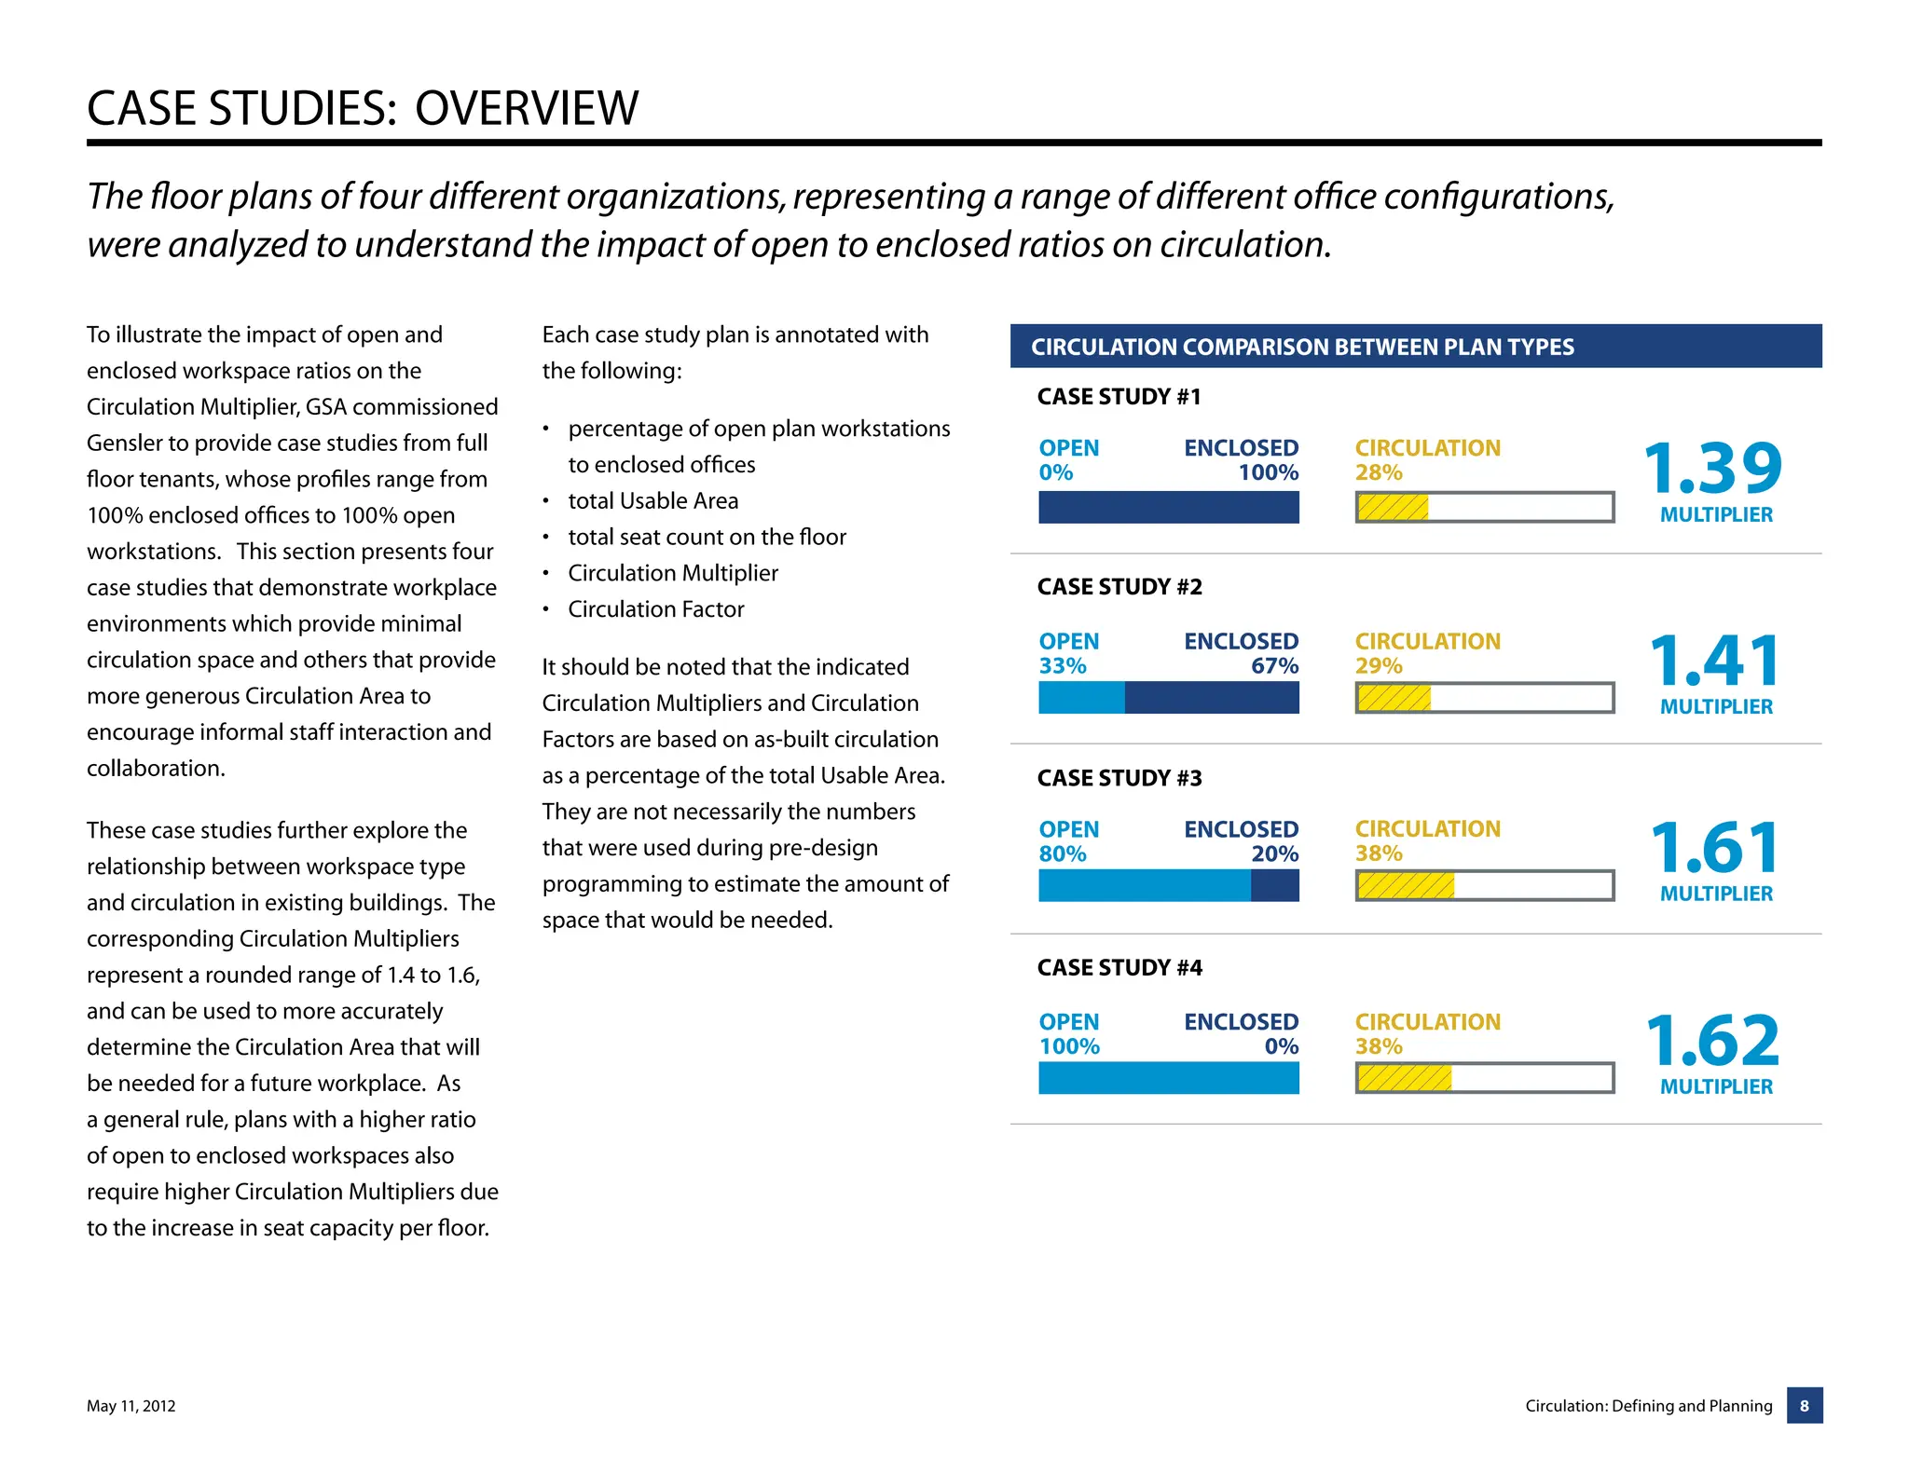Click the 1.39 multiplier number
[1712, 469]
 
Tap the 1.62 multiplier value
[1712, 1041]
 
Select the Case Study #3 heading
[1119, 778]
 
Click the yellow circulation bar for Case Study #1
[1393, 508]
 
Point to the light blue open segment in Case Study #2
[1081, 698]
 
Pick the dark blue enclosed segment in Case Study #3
[1274, 885]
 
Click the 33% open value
[1063, 666]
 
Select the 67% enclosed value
[1274, 666]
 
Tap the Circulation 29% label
[1427, 653]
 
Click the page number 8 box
[1804, 1405]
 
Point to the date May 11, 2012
[130, 1406]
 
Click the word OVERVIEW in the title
[526, 108]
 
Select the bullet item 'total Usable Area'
[652, 501]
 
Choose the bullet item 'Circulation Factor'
[655, 609]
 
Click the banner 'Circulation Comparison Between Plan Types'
[1301, 347]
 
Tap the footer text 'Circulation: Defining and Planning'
[1648, 1406]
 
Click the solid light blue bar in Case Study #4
[1168, 1078]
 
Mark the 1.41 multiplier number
[1714, 661]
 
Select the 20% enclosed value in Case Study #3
[1274, 853]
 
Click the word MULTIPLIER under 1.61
[1715, 894]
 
